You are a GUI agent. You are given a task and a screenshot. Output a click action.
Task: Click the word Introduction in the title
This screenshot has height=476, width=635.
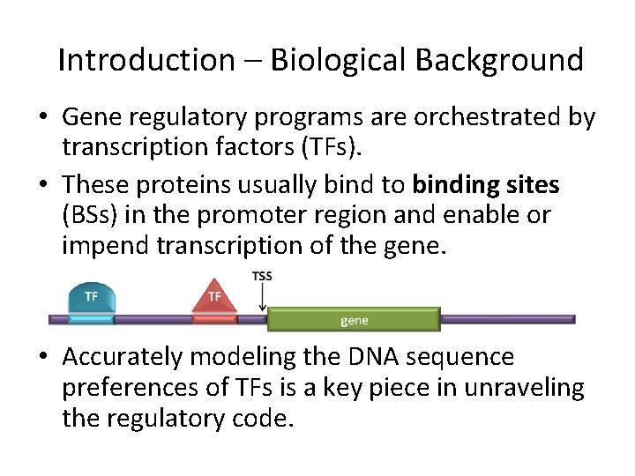(146, 60)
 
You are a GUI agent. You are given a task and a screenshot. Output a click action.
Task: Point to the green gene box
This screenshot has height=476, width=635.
(354, 320)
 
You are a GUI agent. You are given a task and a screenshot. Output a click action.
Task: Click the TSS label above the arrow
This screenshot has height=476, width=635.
(262, 276)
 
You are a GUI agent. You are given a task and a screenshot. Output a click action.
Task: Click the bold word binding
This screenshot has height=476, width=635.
(453, 184)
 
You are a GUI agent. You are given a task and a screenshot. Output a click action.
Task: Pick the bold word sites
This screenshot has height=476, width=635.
(530, 184)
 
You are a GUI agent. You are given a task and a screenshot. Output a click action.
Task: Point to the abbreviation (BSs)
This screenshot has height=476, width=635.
(91, 215)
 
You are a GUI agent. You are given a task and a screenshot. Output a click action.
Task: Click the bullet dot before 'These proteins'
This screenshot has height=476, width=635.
(47, 185)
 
